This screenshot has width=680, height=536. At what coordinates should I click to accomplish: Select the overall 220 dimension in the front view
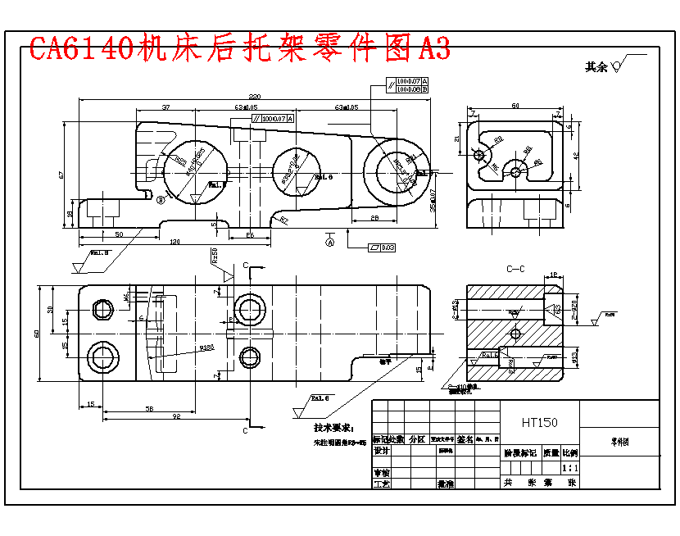tap(255, 96)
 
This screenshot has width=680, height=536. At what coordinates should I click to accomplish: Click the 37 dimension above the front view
tap(165, 107)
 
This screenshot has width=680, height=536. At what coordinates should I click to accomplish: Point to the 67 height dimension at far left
tap(61, 174)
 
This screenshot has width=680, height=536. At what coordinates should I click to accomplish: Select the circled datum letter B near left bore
tap(161, 198)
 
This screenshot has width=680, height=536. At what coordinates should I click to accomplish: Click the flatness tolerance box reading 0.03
tap(383, 247)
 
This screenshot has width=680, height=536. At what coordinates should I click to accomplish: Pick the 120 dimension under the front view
tap(175, 243)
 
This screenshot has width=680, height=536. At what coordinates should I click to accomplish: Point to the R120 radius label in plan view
tap(206, 347)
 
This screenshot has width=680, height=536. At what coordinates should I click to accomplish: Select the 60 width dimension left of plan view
tap(37, 334)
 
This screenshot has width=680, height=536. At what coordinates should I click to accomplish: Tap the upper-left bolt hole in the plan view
tap(103, 309)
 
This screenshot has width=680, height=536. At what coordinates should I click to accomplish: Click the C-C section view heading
tap(515, 269)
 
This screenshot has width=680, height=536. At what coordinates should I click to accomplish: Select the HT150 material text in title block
tap(539, 422)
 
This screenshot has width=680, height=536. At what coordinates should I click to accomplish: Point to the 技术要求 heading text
tap(333, 428)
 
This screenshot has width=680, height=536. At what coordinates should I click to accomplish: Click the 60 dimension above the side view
tap(515, 106)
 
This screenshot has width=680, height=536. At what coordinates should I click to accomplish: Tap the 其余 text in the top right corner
tap(596, 68)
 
